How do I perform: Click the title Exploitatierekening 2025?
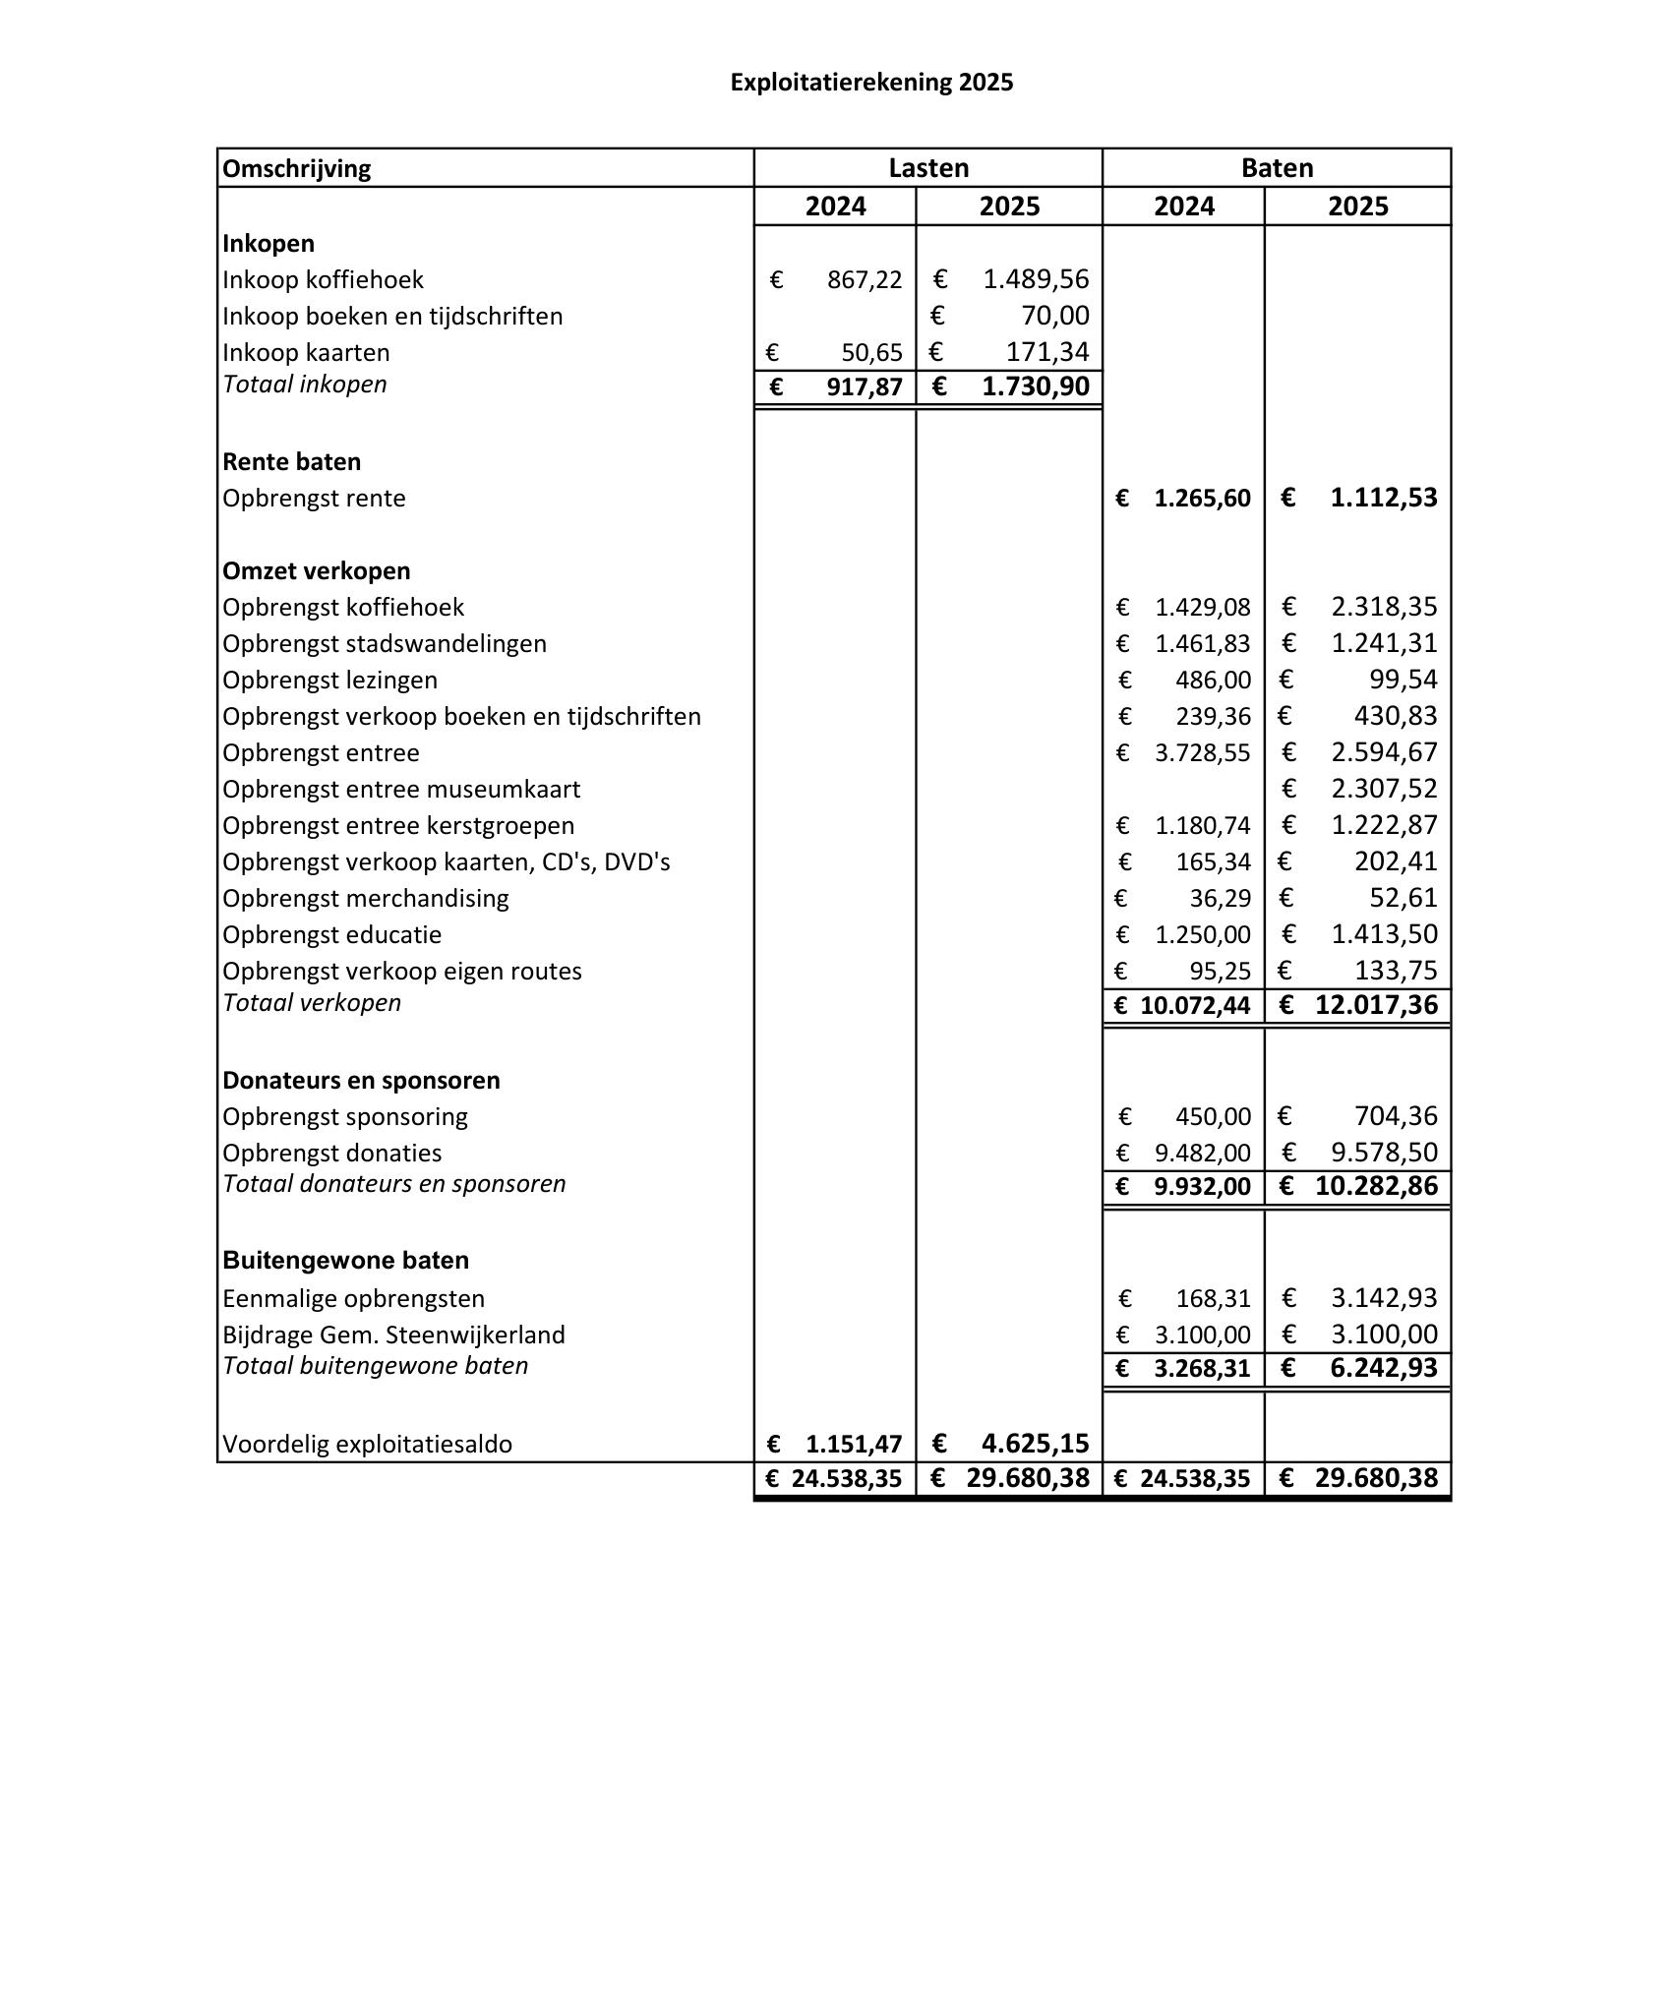(871, 83)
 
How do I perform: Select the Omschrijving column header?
(297, 169)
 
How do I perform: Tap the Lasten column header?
(928, 168)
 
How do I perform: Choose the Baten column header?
(1277, 168)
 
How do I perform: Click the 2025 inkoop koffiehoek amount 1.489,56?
(1036, 280)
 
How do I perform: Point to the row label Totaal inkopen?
(305, 385)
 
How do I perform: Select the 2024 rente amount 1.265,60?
(1202, 499)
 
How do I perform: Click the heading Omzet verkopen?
(317, 571)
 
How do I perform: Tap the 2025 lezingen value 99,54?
(1403, 680)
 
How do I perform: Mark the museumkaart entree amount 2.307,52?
(1384, 789)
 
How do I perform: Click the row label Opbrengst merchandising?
(366, 899)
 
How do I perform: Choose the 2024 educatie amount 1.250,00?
(1203, 935)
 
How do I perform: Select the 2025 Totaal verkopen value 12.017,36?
(1376, 1006)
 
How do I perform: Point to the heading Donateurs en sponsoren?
(361, 1081)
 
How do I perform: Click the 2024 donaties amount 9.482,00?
(1203, 1154)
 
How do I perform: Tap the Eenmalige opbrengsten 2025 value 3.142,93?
(1384, 1299)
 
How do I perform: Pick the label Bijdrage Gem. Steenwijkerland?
(393, 1335)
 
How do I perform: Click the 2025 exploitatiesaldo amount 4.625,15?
(1035, 1444)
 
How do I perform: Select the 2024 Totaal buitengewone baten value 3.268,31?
(1202, 1369)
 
